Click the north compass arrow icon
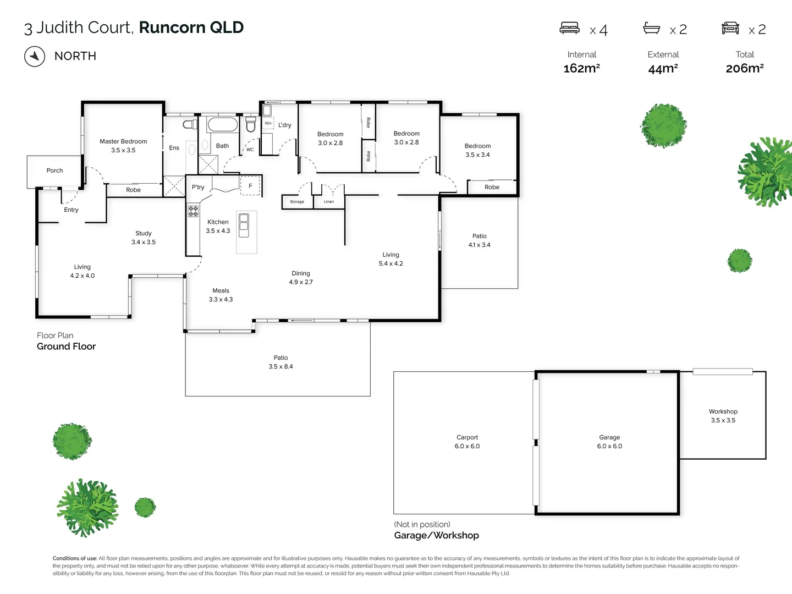35,56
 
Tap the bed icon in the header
569,28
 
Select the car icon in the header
730,28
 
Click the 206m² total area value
744,68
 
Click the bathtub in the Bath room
223,124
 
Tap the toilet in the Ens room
190,124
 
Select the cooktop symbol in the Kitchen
193,211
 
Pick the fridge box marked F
250,186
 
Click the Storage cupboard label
297,202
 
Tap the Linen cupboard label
329,202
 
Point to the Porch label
54,170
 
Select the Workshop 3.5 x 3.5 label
723,416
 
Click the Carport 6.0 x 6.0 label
467,442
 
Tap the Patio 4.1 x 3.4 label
479,240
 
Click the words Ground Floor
66,346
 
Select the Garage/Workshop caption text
436,535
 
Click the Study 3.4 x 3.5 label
143,238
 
